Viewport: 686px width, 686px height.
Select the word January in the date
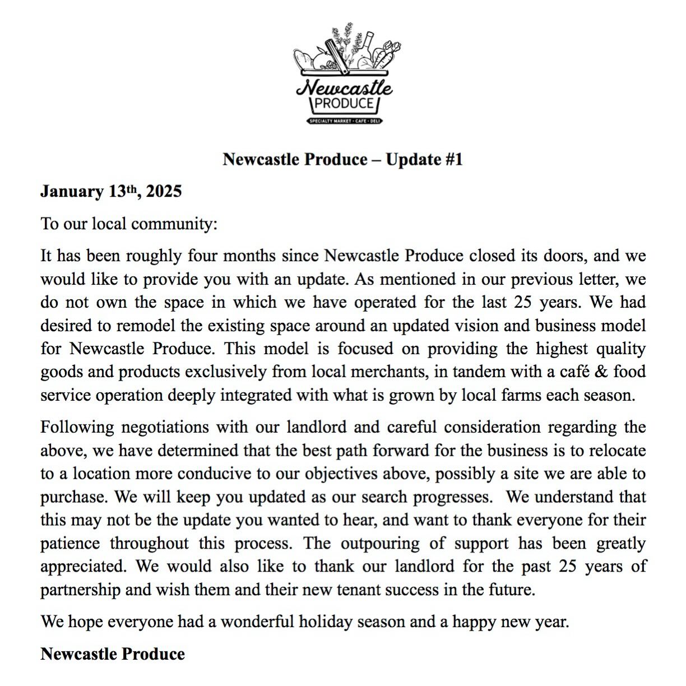pos(72,192)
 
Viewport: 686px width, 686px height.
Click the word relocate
pos(613,451)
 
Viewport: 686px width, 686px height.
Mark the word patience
pos(70,544)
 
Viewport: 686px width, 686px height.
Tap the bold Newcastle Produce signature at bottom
pos(113,654)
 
